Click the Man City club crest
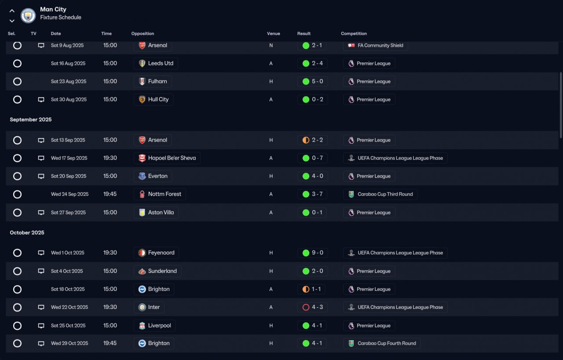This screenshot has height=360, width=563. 28,15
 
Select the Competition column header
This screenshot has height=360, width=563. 354,33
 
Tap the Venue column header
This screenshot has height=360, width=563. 274,33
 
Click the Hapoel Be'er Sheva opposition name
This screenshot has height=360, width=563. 172,158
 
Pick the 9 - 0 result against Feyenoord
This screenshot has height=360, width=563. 318,253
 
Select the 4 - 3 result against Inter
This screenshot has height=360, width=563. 318,307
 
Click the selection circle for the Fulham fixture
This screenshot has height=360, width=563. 17,81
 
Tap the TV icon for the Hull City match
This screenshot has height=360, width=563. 41,100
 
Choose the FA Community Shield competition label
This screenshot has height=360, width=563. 380,45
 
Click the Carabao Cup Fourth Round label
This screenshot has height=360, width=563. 387,343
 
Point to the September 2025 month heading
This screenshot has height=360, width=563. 31,120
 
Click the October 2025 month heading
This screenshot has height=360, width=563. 27,233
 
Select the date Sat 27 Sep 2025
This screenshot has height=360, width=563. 68,213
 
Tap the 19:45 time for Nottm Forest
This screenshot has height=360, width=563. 110,194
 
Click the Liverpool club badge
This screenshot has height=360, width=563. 142,326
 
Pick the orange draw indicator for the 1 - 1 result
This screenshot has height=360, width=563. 306,289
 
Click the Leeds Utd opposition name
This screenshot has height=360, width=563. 161,63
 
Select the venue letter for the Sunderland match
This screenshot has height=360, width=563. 271,271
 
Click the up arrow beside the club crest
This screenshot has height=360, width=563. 12,11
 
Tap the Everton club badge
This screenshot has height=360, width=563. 142,176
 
